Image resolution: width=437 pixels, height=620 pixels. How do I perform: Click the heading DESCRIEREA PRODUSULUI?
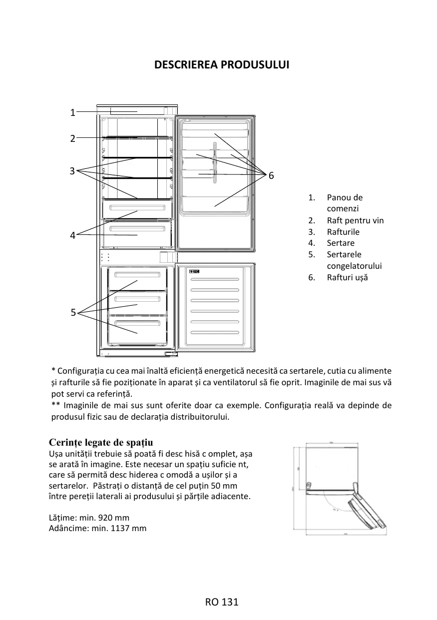[x=222, y=65]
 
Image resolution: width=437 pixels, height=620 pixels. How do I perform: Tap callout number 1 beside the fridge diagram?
[x=72, y=113]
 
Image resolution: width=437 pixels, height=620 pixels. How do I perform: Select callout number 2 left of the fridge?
[x=72, y=138]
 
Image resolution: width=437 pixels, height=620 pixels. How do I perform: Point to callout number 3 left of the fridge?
[x=72, y=171]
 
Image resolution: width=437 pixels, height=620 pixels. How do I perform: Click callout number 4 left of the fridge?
[x=72, y=235]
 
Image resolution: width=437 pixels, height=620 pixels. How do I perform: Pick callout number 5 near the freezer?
[x=73, y=313]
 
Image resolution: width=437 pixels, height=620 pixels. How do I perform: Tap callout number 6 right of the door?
[x=271, y=175]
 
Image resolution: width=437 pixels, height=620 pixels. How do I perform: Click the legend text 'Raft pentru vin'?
[x=355, y=220]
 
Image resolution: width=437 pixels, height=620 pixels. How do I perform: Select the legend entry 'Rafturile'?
[x=343, y=232]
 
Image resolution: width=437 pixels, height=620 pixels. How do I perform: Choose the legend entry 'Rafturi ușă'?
[x=347, y=277]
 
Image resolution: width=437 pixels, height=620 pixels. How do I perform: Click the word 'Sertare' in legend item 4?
[x=341, y=243]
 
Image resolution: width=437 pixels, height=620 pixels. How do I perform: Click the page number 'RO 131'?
[x=222, y=602]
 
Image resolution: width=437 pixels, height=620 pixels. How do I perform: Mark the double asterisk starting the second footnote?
[x=55, y=405]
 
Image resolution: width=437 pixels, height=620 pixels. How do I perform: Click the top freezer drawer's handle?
[x=137, y=275]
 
